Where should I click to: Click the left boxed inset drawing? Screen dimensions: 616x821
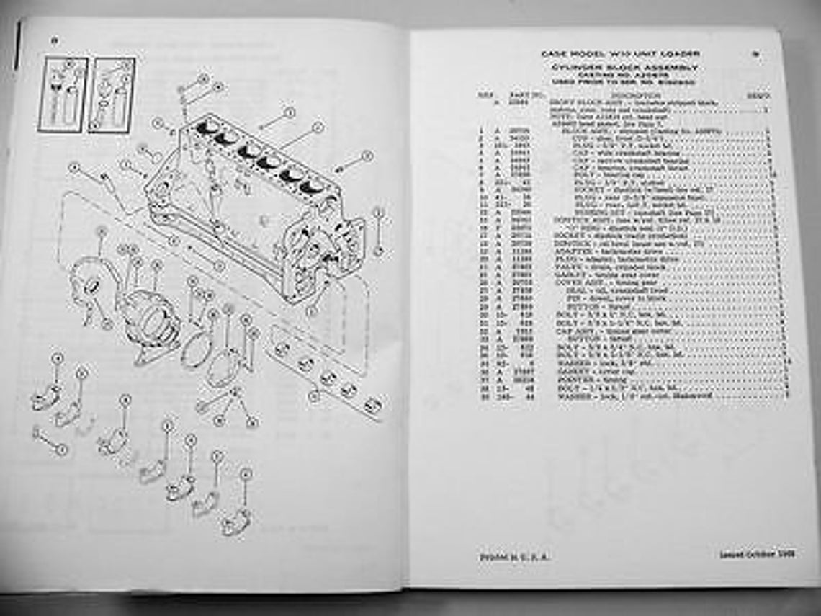63,94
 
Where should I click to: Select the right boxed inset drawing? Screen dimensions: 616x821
112,94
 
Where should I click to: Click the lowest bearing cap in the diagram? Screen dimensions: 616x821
234,523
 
